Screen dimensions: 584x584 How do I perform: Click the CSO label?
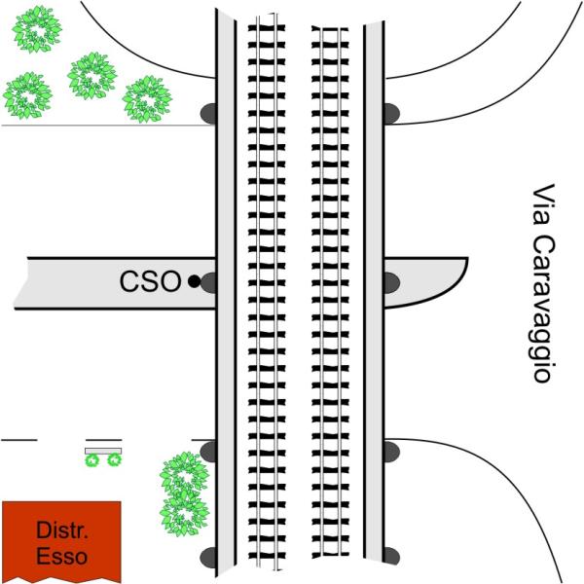pyautogui.click(x=150, y=282)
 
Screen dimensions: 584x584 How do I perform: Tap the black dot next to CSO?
pyautogui.click(x=194, y=282)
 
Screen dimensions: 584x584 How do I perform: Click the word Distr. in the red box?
pyautogui.click(x=62, y=531)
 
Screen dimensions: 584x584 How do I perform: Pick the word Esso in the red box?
pyautogui.click(x=62, y=557)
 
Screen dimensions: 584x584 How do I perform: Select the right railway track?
pyautogui.click(x=332, y=292)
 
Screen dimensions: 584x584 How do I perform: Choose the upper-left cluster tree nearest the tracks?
pyautogui.click(x=147, y=98)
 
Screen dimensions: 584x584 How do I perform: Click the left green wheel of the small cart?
pyautogui.click(x=93, y=459)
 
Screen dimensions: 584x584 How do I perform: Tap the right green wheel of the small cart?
pyautogui.click(x=115, y=459)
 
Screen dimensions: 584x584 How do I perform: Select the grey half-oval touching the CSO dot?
pyautogui.click(x=208, y=282)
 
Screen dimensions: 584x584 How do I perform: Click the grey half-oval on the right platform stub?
pyautogui.click(x=391, y=282)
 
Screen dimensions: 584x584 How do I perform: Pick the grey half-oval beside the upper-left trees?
pyautogui.click(x=208, y=114)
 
